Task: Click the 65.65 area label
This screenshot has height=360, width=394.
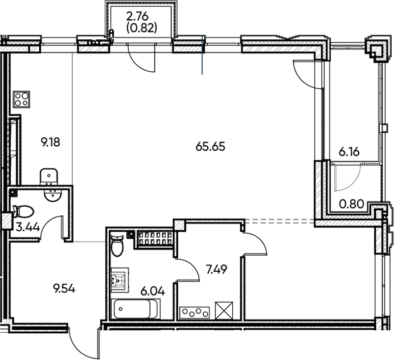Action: tap(211, 146)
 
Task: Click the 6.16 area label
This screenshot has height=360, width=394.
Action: tap(350, 153)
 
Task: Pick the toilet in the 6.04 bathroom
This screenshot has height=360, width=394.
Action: tap(117, 246)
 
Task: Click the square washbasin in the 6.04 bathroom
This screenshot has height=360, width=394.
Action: tap(120, 280)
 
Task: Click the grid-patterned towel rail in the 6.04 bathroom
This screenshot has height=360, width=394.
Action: tap(154, 239)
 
